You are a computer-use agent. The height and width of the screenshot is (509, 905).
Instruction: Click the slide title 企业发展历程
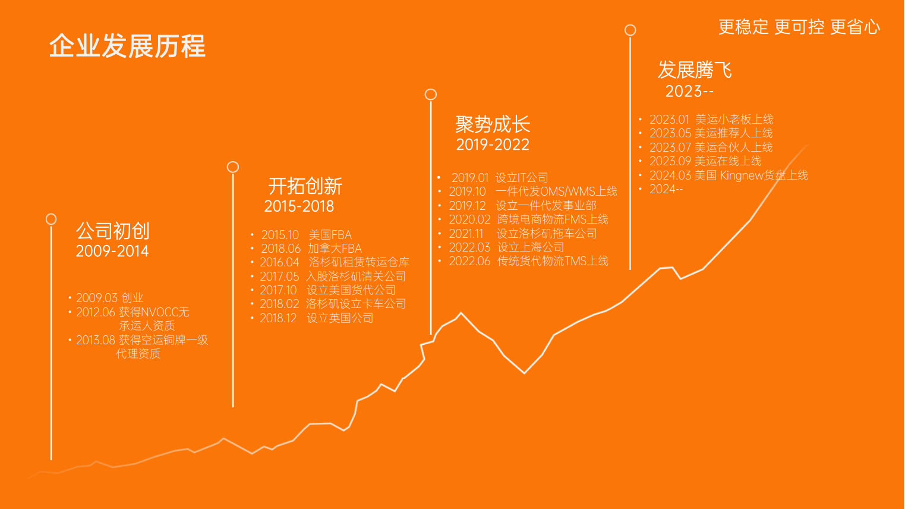pos(127,46)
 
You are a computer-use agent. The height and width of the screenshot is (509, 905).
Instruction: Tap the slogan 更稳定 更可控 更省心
pos(799,27)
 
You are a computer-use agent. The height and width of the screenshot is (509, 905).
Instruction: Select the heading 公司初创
pos(113,231)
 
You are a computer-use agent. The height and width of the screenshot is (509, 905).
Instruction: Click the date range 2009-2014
pos(112,252)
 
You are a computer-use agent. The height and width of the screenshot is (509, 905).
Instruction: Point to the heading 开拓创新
pos(305,186)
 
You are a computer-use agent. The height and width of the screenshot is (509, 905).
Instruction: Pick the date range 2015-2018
pos(299,206)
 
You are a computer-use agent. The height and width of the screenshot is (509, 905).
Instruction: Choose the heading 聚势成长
pos(493,124)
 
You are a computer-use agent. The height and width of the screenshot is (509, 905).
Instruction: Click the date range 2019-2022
pos(493,144)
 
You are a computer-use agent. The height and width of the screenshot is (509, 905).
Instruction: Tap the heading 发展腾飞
pos(695,70)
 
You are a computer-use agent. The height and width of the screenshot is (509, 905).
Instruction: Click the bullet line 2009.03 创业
pos(109,298)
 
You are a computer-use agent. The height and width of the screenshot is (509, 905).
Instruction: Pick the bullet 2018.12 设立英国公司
pos(316,318)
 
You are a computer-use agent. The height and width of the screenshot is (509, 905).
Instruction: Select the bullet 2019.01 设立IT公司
pos(500,177)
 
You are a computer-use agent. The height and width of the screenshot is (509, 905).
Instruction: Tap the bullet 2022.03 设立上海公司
pos(507,247)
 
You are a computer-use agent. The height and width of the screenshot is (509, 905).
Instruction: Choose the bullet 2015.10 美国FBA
pos(306,235)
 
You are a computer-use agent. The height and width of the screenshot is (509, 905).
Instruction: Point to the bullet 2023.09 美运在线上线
pos(705,161)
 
